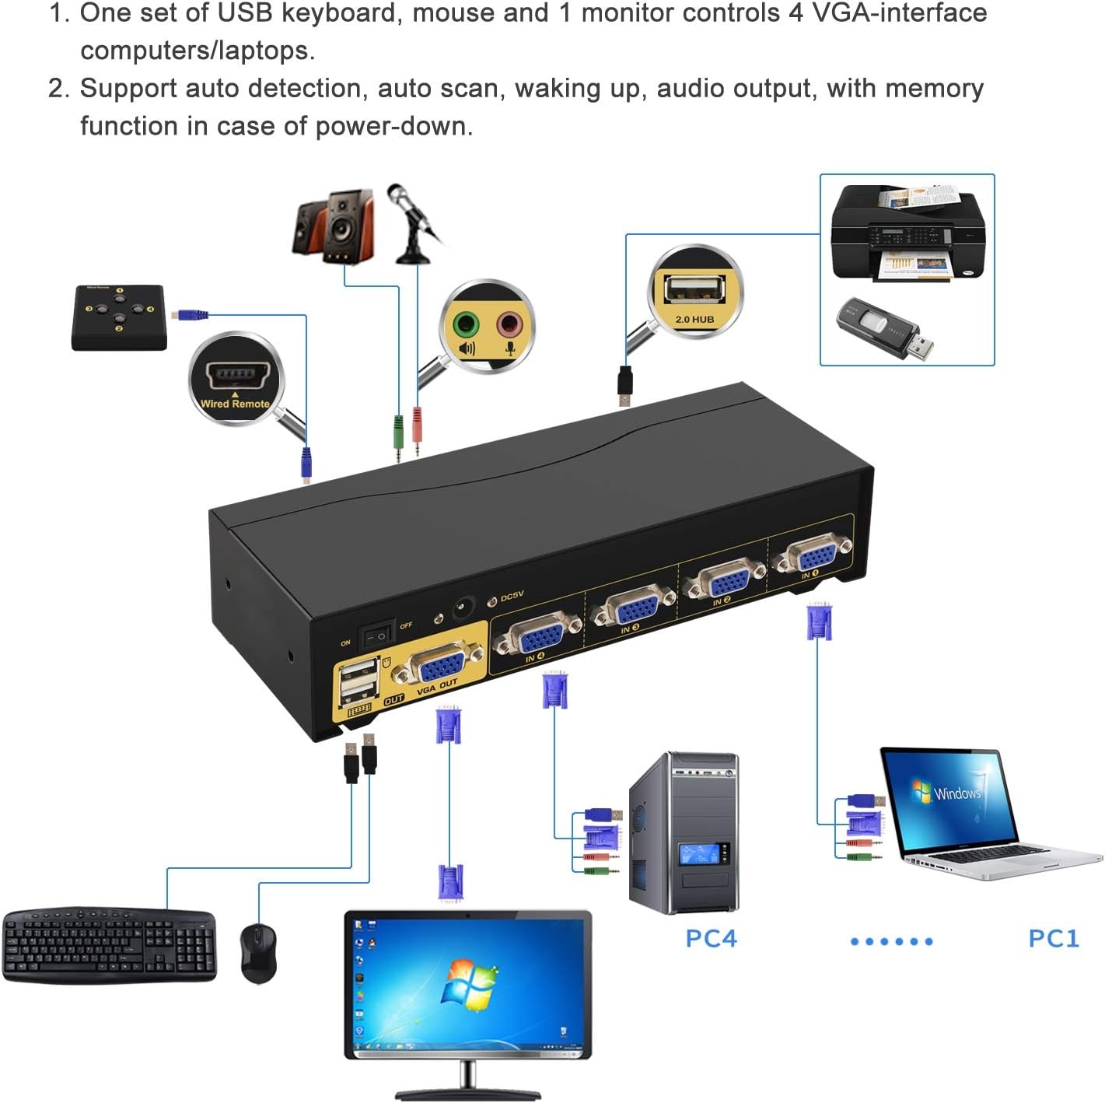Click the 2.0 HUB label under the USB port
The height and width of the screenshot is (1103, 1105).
tap(694, 319)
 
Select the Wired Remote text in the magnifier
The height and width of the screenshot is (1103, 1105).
tap(235, 404)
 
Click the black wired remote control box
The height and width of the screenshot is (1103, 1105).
tap(119, 317)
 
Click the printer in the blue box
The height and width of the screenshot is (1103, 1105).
tap(907, 233)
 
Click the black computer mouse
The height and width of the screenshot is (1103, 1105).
tap(258, 952)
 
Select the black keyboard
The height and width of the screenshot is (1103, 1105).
tap(109, 944)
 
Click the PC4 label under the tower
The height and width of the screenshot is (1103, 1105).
tap(710, 938)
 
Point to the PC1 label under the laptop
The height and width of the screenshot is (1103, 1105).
tap(1053, 938)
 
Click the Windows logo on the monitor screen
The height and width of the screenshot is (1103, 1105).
tap(469, 985)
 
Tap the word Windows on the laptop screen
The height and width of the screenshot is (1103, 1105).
tap(956, 793)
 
